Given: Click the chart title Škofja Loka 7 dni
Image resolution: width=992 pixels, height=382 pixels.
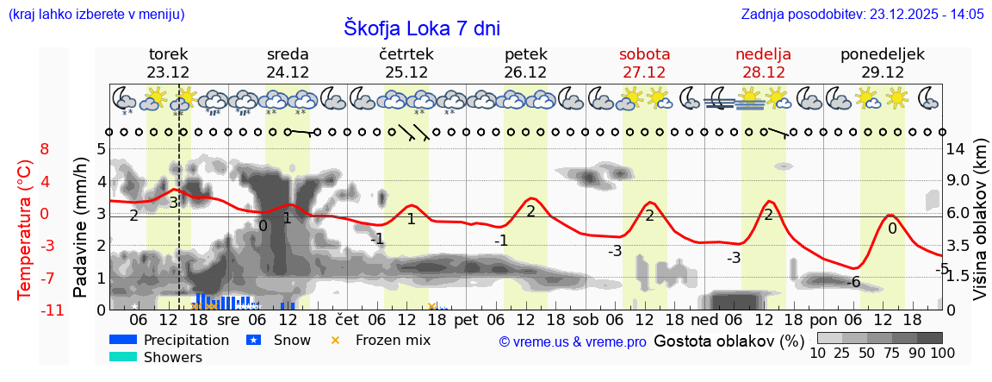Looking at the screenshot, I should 422,28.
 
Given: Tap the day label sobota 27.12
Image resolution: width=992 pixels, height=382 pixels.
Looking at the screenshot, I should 644,63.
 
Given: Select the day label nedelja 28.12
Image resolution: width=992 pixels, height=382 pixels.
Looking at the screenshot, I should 763,63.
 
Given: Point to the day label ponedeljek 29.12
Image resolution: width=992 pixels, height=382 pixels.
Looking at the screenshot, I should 883,63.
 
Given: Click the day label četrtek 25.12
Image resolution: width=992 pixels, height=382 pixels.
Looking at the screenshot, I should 406,63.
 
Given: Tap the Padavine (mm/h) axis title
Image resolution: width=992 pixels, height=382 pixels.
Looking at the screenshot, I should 81,229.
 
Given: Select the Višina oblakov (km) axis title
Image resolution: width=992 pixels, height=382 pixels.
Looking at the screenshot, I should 979,229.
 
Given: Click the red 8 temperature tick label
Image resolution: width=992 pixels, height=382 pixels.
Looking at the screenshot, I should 45,149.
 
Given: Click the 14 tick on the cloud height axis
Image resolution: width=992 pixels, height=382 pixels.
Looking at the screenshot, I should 955,149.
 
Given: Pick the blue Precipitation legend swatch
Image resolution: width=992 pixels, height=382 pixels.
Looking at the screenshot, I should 123,340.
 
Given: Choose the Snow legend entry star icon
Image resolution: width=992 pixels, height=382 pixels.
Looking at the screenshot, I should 254,340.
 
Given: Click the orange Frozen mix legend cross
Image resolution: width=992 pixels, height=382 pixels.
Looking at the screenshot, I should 336,340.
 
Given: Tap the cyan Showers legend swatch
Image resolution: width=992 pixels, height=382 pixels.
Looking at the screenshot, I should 123,357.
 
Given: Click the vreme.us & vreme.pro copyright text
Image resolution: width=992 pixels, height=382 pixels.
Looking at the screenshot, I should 572,341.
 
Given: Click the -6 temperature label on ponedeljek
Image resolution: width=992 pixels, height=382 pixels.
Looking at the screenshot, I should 853,282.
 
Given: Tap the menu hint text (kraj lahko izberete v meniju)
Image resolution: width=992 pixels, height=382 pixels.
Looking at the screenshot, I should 96,15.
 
